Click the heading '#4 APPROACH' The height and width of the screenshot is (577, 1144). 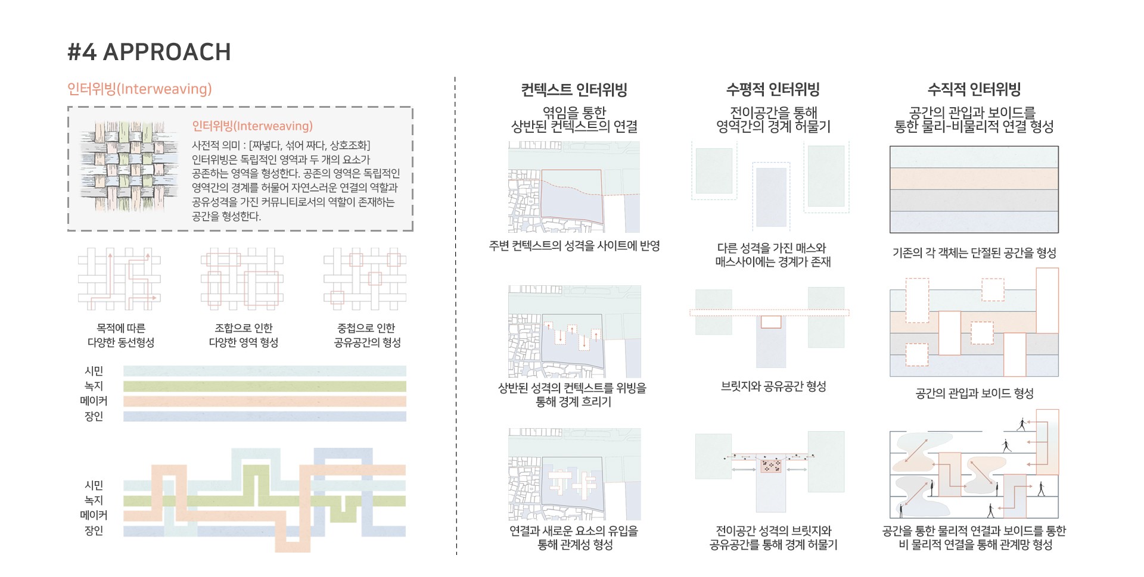[x=149, y=52]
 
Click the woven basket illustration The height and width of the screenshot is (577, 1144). [x=129, y=166]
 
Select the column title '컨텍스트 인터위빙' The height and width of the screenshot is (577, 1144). [x=574, y=90]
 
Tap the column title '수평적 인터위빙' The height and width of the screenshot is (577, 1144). [x=773, y=90]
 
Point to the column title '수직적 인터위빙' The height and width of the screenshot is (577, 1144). [x=974, y=90]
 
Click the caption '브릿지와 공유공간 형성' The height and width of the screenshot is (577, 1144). [x=773, y=386]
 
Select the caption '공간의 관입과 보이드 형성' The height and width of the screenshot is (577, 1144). [x=974, y=393]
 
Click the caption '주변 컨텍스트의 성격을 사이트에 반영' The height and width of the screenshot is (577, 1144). [x=574, y=246]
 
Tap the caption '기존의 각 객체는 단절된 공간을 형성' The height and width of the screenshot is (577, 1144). [x=974, y=253]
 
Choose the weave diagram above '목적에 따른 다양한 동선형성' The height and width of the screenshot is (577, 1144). [x=119, y=279]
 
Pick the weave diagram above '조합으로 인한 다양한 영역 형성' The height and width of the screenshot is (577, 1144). [x=242, y=279]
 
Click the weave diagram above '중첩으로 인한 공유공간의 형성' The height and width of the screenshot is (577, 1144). [x=365, y=279]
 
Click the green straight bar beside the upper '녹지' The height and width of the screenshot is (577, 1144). [x=265, y=386]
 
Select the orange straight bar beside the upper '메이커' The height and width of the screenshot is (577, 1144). [x=265, y=401]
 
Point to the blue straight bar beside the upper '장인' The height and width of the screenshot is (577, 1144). [x=265, y=417]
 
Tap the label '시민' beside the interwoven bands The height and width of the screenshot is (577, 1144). [x=94, y=485]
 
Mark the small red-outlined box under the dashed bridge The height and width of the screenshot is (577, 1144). [x=771, y=322]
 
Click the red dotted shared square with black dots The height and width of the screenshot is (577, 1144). [x=771, y=466]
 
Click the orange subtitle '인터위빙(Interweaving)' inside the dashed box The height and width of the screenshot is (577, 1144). [x=252, y=126]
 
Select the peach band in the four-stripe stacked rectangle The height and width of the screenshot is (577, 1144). [x=974, y=179]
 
